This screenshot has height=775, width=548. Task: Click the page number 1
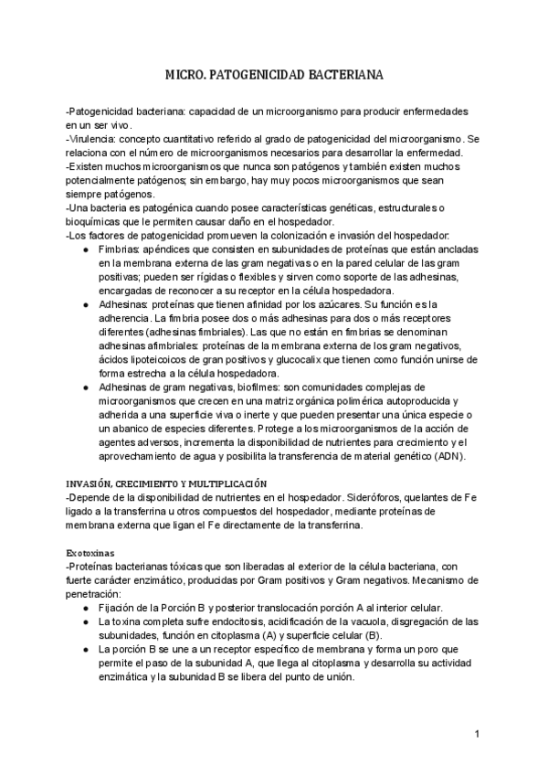pos(477,734)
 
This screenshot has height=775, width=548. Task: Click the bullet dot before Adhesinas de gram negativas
pos(86,387)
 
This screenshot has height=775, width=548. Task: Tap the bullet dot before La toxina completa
pos(86,621)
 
